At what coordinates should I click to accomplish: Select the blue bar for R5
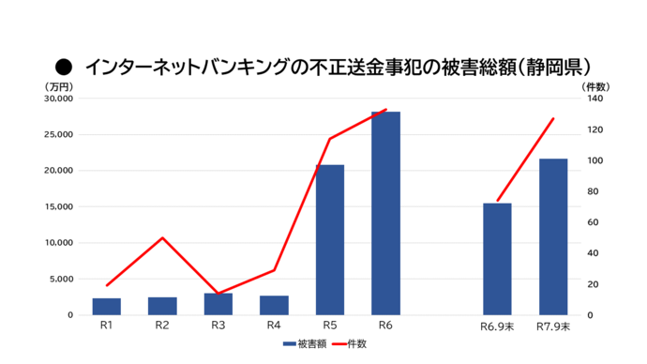[329, 239]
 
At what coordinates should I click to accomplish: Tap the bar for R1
[107, 307]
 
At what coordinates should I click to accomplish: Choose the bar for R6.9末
[497, 259]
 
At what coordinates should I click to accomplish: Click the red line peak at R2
[162, 237]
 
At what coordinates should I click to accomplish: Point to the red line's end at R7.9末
[553, 119]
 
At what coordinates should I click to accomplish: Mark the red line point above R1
[107, 285]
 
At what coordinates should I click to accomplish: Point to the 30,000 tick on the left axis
[57, 99]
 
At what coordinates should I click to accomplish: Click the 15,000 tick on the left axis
[57, 206]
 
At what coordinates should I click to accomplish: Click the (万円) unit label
[56, 86]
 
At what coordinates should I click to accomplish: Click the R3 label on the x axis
[218, 326]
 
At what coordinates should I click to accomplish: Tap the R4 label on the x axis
[274, 326]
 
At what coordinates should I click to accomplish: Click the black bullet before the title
[64, 67]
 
